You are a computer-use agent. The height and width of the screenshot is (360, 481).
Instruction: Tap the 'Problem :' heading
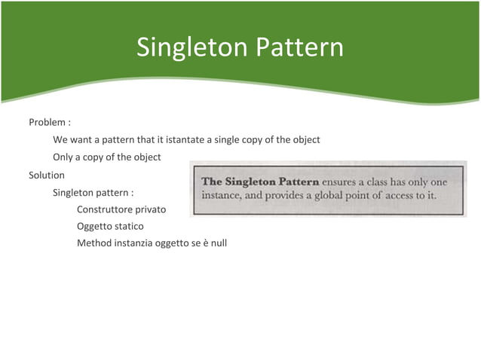pyautogui.click(x=50, y=122)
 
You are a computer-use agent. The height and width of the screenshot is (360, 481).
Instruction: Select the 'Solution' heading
pyautogui.click(x=47, y=175)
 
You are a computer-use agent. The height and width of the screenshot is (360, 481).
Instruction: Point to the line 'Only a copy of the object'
pyautogui.click(x=106, y=157)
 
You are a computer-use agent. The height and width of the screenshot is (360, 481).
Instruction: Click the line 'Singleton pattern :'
pyautogui.click(x=93, y=192)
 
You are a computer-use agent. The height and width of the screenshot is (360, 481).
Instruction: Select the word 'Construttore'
pyautogui.click(x=104, y=209)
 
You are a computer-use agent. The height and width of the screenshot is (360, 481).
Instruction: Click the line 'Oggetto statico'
pyautogui.click(x=110, y=226)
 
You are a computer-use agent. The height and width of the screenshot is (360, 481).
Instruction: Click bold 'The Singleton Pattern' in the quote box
pyautogui.click(x=260, y=182)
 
